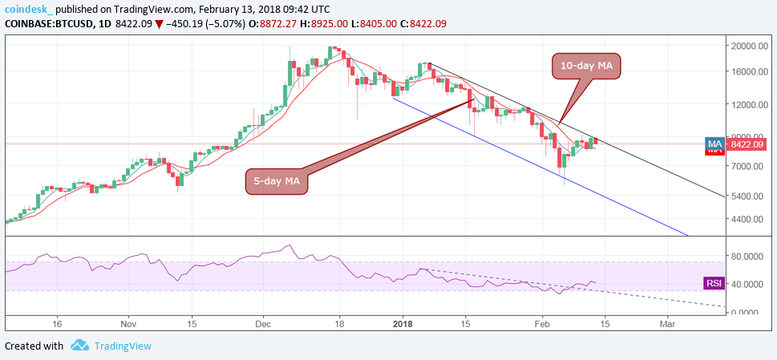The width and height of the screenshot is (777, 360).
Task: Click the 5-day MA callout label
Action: (x=276, y=183)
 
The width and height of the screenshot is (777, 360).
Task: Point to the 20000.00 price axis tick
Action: (x=749, y=46)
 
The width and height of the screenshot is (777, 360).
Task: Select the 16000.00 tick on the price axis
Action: (x=749, y=71)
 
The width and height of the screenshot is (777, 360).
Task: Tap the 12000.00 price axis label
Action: (x=749, y=104)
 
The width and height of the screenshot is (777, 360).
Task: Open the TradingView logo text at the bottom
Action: (x=121, y=346)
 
